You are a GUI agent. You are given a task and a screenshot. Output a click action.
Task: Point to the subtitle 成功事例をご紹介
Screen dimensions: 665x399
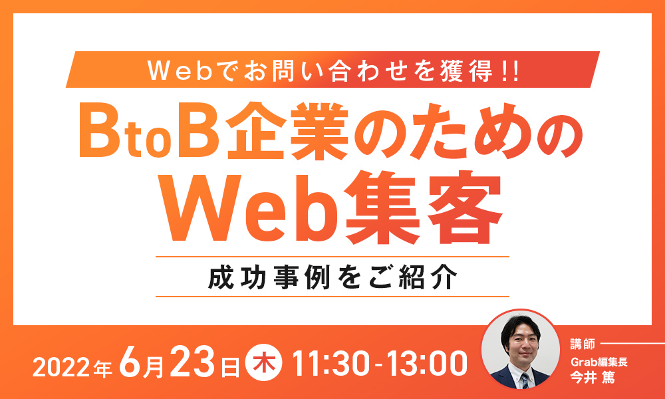tap(332, 277)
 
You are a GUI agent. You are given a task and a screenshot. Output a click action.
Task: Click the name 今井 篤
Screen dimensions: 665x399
tap(593, 377)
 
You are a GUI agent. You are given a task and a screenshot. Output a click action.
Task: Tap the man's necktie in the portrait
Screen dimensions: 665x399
tap(525, 381)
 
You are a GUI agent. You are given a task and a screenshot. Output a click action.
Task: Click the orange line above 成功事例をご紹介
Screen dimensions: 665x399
tap(332, 257)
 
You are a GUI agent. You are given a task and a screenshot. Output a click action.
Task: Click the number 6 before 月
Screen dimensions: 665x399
tap(129, 363)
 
